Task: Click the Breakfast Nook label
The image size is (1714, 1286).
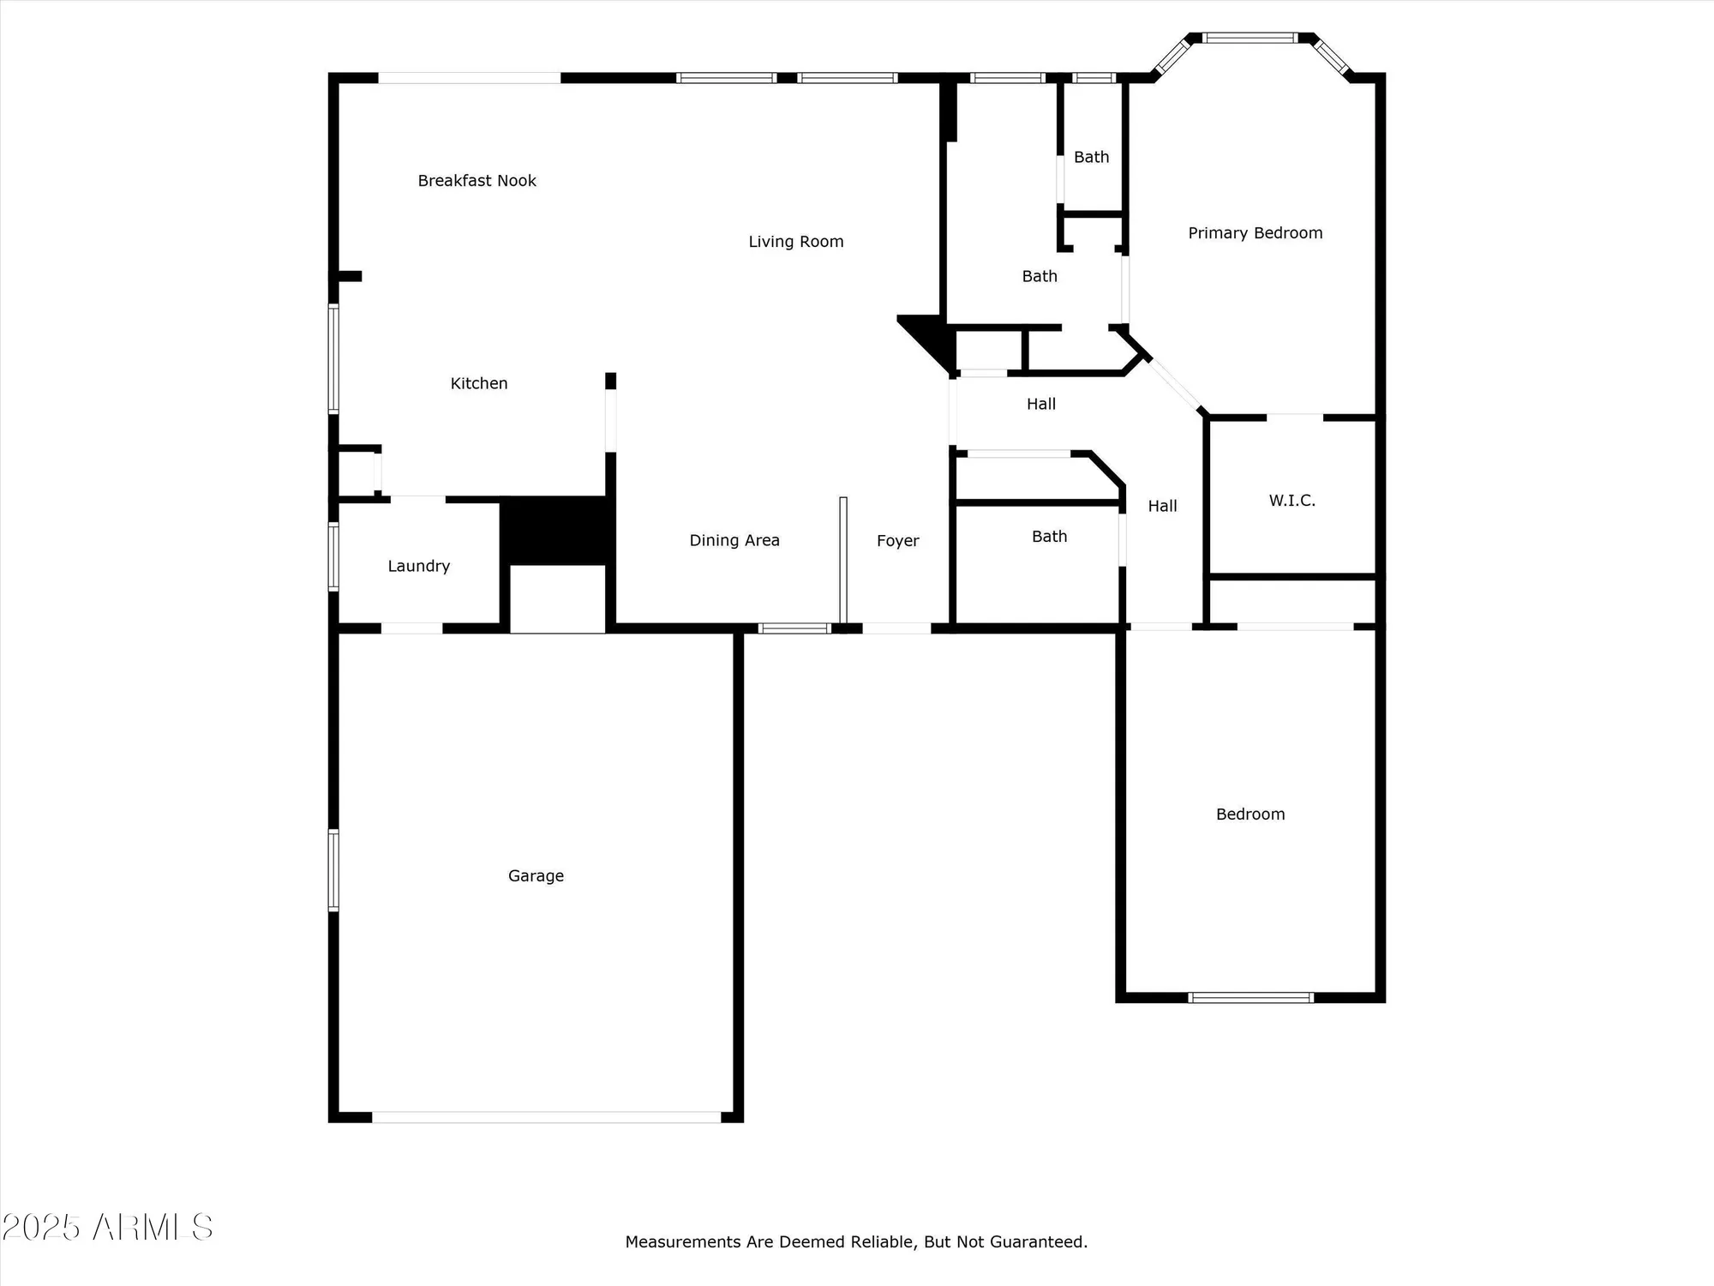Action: (x=476, y=181)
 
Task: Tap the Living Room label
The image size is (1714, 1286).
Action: (x=795, y=242)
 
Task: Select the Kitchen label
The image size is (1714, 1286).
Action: (x=479, y=383)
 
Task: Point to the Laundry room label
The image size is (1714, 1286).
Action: (x=418, y=566)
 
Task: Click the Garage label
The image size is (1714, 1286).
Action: (x=536, y=875)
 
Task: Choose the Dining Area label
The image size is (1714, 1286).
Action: (x=734, y=540)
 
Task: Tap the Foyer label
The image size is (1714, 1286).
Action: (x=897, y=541)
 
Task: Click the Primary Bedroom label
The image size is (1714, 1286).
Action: (x=1255, y=233)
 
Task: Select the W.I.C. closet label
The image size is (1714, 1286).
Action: (x=1291, y=501)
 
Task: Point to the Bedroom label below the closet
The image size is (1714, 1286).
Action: (x=1250, y=814)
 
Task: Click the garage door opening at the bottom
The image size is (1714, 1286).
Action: (x=546, y=1117)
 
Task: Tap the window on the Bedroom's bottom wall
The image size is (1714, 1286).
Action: (x=1250, y=997)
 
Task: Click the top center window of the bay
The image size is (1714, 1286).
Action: (x=1250, y=38)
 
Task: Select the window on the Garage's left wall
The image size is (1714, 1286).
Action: (x=333, y=869)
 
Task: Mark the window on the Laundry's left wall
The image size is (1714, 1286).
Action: (x=333, y=556)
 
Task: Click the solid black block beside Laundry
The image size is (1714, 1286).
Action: (x=557, y=530)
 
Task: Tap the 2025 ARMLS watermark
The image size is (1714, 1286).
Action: (x=107, y=1228)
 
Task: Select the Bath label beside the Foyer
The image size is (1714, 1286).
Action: (x=1049, y=537)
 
